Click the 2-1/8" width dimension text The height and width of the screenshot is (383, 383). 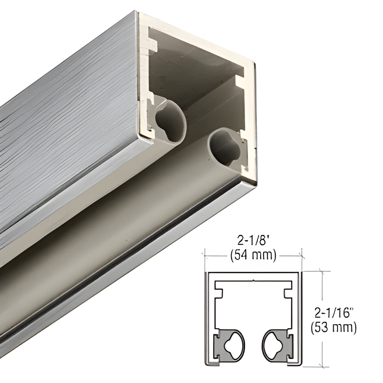coord(253,241)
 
